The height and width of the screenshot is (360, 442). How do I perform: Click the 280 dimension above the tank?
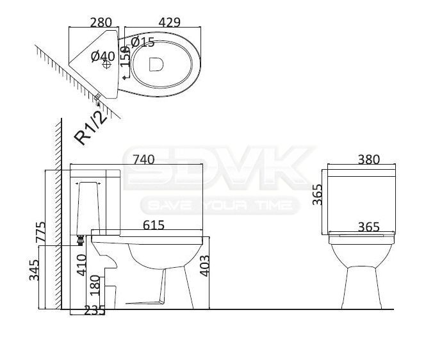tap(101, 22)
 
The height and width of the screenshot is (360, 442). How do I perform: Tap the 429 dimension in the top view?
tap(169, 22)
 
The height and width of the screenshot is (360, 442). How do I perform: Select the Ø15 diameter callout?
tap(143, 42)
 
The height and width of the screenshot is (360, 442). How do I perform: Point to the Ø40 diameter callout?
tap(103, 56)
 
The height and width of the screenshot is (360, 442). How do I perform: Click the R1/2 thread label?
tap(91, 127)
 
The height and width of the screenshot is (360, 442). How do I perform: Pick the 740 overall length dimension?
tap(143, 160)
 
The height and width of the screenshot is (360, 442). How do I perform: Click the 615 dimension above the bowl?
tap(154, 225)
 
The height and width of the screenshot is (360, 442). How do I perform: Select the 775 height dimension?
tap(40, 232)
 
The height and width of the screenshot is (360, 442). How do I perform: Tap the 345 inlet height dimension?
tap(34, 270)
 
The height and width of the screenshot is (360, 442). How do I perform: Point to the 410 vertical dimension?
tap(82, 265)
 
